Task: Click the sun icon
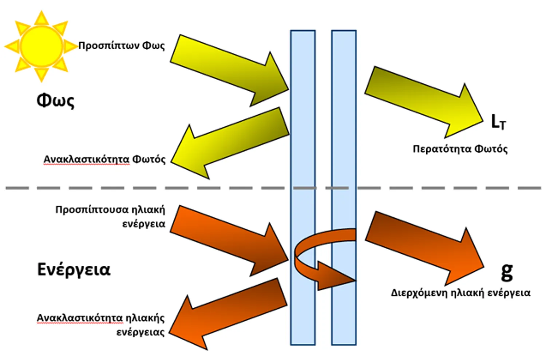[x=41, y=46]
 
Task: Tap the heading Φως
[x=55, y=100]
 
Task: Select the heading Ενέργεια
[x=74, y=270]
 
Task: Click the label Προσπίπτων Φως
[x=122, y=46]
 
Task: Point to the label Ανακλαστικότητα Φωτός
[x=104, y=159]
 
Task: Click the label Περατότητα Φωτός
[x=460, y=149]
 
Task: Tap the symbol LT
[x=498, y=122]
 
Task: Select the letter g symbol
[x=507, y=271]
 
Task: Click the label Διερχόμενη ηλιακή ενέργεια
[x=460, y=293]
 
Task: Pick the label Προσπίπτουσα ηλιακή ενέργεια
[x=110, y=216]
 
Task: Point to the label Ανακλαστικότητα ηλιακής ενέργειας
[x=101, y=325]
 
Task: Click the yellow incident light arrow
[x=233, y=71]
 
